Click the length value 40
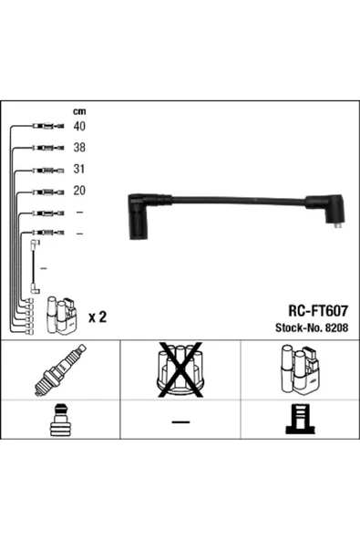click(79, 126)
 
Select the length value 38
click(79, 147)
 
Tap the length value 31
click(79, 169)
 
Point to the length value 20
click(79, 191)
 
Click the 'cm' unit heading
click(78, 111)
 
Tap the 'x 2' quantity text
click(98, 317)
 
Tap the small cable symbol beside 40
click(45, 126)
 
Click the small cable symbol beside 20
click(45, 192)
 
